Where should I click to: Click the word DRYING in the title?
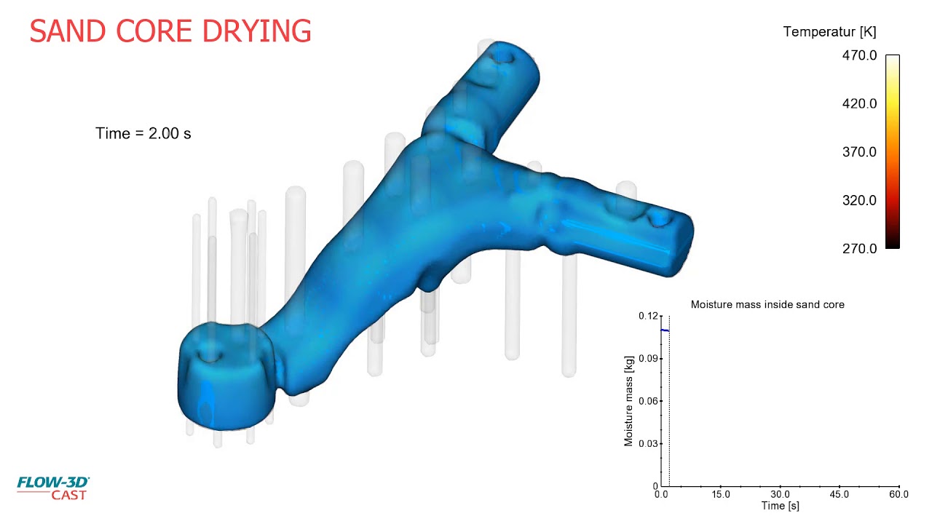pyautogui.click(x=257, y=31)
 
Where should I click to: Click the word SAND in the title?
pyautogui.click(x=68, y=31)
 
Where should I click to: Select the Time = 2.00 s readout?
pyautogui.click(x=143, y=133)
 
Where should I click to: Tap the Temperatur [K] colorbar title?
pyautogui.click(x=829, y=32)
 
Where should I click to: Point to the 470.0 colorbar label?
pyautogui.click(x=860, y=55)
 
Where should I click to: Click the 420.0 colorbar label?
pyautogui.click(x=860, y=103)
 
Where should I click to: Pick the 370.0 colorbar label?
pyautogui.click(x=860, y=152)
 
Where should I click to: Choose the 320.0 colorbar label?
pyautogui.click(x=860, y=200)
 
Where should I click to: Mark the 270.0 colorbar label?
pyautogui.click(x=860, y=249)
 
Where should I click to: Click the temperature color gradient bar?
pyautogui.click(x=893, y=152)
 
